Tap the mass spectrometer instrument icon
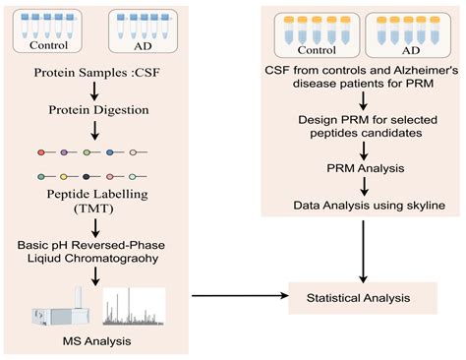pyautogui.click(x=54, y=308)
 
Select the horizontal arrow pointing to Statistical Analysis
pyautogui.click(x=236, y=294)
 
